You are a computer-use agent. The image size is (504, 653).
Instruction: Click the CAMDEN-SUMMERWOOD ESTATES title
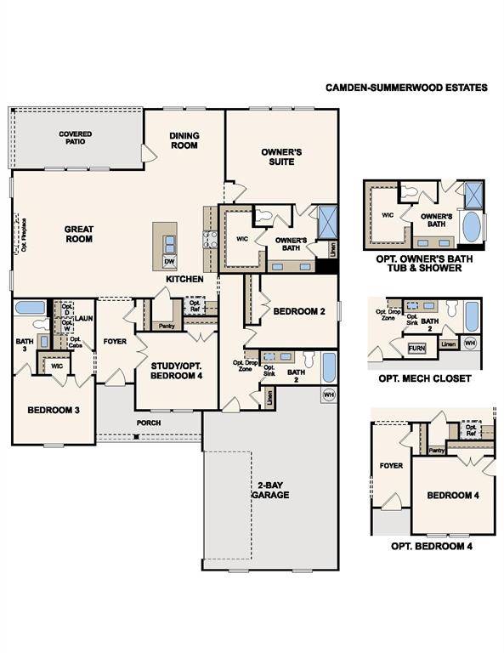point(406,88)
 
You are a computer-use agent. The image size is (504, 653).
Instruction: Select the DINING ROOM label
point(184,140)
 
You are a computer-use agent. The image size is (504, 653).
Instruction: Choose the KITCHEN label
point(184,279)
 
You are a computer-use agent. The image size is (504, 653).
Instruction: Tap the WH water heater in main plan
point(328,395)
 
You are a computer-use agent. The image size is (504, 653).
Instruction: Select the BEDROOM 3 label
point(54,411)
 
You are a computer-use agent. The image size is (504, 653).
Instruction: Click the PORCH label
point(149,422)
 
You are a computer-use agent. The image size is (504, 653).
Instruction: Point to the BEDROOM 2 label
point(299,312)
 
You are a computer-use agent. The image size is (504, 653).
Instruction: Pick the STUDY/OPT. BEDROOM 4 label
point(176,372)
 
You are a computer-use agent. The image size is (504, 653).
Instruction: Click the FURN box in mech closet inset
point(416,349)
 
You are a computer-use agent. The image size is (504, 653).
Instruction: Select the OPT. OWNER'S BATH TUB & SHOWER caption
point(422,263)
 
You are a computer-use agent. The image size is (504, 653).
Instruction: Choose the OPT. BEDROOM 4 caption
point(431,546)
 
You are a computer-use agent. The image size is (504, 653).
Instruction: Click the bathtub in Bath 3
point(31,307)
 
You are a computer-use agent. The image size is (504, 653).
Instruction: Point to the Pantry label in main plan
point(165,326)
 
